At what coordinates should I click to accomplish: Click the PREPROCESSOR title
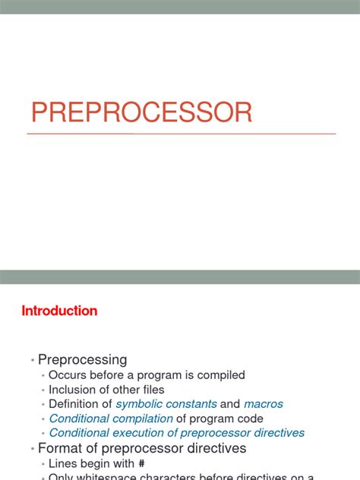click(x=141, y=112)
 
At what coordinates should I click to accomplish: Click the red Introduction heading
click(x=59, y=311)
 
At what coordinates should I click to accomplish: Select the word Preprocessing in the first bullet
click(x=83, y=359)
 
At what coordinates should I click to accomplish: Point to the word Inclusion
click(x=74, y=390)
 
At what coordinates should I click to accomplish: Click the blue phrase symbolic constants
click(x=166, y=404)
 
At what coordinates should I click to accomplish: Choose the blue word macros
click(x=264, y=404)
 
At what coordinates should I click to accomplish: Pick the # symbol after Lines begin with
click(x=141, y=463)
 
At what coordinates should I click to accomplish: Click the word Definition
click(x=74, y=404)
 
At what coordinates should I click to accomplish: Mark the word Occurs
click(x=67, y=374)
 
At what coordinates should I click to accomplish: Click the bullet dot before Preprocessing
click(x=32, y=360)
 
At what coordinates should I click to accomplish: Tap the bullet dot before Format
click(x=32, y=449)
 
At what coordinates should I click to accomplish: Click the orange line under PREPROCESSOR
click(x=181, y=134)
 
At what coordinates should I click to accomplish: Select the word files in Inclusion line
click(x=150, y=390)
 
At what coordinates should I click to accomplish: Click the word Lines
click(x=63, y=463)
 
